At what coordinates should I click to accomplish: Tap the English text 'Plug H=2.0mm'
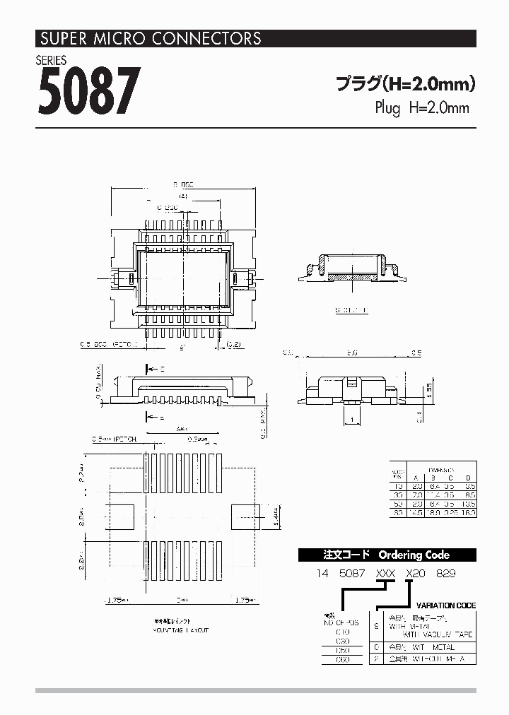(421, 108)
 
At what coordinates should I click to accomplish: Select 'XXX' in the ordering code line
(386, 574)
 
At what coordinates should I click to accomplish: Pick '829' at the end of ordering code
(445, 574)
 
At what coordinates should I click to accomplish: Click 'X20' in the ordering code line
(416, 574)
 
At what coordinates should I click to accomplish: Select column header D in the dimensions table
(468, 478)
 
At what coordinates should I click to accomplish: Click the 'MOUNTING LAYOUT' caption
(181, 629)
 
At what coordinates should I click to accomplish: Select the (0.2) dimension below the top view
(234, 345)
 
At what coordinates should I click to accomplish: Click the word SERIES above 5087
(52, 60)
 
